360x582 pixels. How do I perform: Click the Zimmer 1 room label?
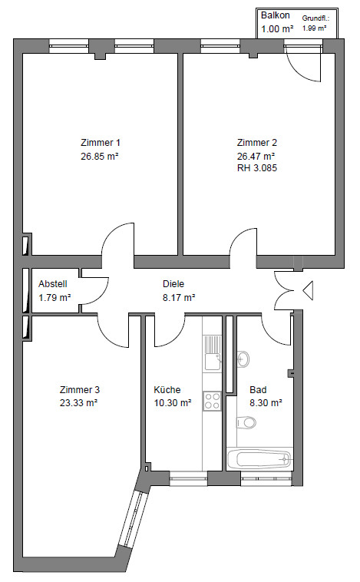101,143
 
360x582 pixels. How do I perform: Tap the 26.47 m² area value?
256,156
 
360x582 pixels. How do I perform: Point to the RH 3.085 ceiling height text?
257,168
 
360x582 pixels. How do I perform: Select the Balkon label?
276,15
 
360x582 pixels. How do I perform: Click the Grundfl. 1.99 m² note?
315,23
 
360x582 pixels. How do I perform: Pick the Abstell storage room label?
53,284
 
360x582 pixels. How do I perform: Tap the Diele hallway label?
173,284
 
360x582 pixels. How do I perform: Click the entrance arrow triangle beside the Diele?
309,290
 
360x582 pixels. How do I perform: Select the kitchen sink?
213,353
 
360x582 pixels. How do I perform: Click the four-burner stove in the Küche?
213,401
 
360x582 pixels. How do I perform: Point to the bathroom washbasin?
243,359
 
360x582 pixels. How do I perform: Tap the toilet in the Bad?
246,422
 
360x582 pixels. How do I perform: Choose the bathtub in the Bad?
259,459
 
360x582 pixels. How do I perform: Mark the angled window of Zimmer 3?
133,519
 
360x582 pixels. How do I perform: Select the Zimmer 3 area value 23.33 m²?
79,403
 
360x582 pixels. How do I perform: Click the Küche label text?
167,390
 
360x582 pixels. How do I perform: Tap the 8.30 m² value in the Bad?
266,403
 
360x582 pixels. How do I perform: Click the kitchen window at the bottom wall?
188,478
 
